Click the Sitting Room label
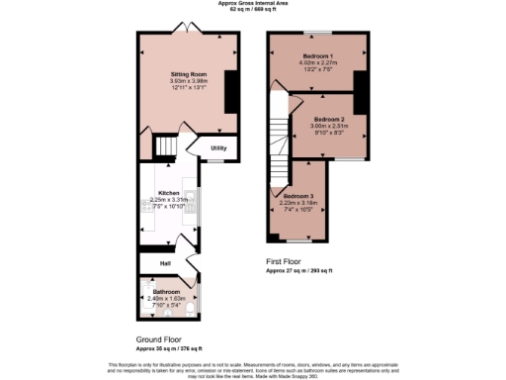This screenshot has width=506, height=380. click(187, 74)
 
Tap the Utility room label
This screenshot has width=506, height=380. click(218, 148)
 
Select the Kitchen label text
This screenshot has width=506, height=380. click(169, 192)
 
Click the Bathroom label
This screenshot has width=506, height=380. click(166, 292)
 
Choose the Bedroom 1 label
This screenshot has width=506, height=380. click(317, 54)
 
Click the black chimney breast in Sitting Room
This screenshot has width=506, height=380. click(232, 92)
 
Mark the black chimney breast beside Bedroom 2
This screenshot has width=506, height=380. click(361, 94)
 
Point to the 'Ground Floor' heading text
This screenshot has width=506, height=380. click(159, 339)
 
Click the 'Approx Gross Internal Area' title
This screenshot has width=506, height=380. click(253, 3)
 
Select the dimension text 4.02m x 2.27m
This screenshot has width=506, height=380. click(317, 63)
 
